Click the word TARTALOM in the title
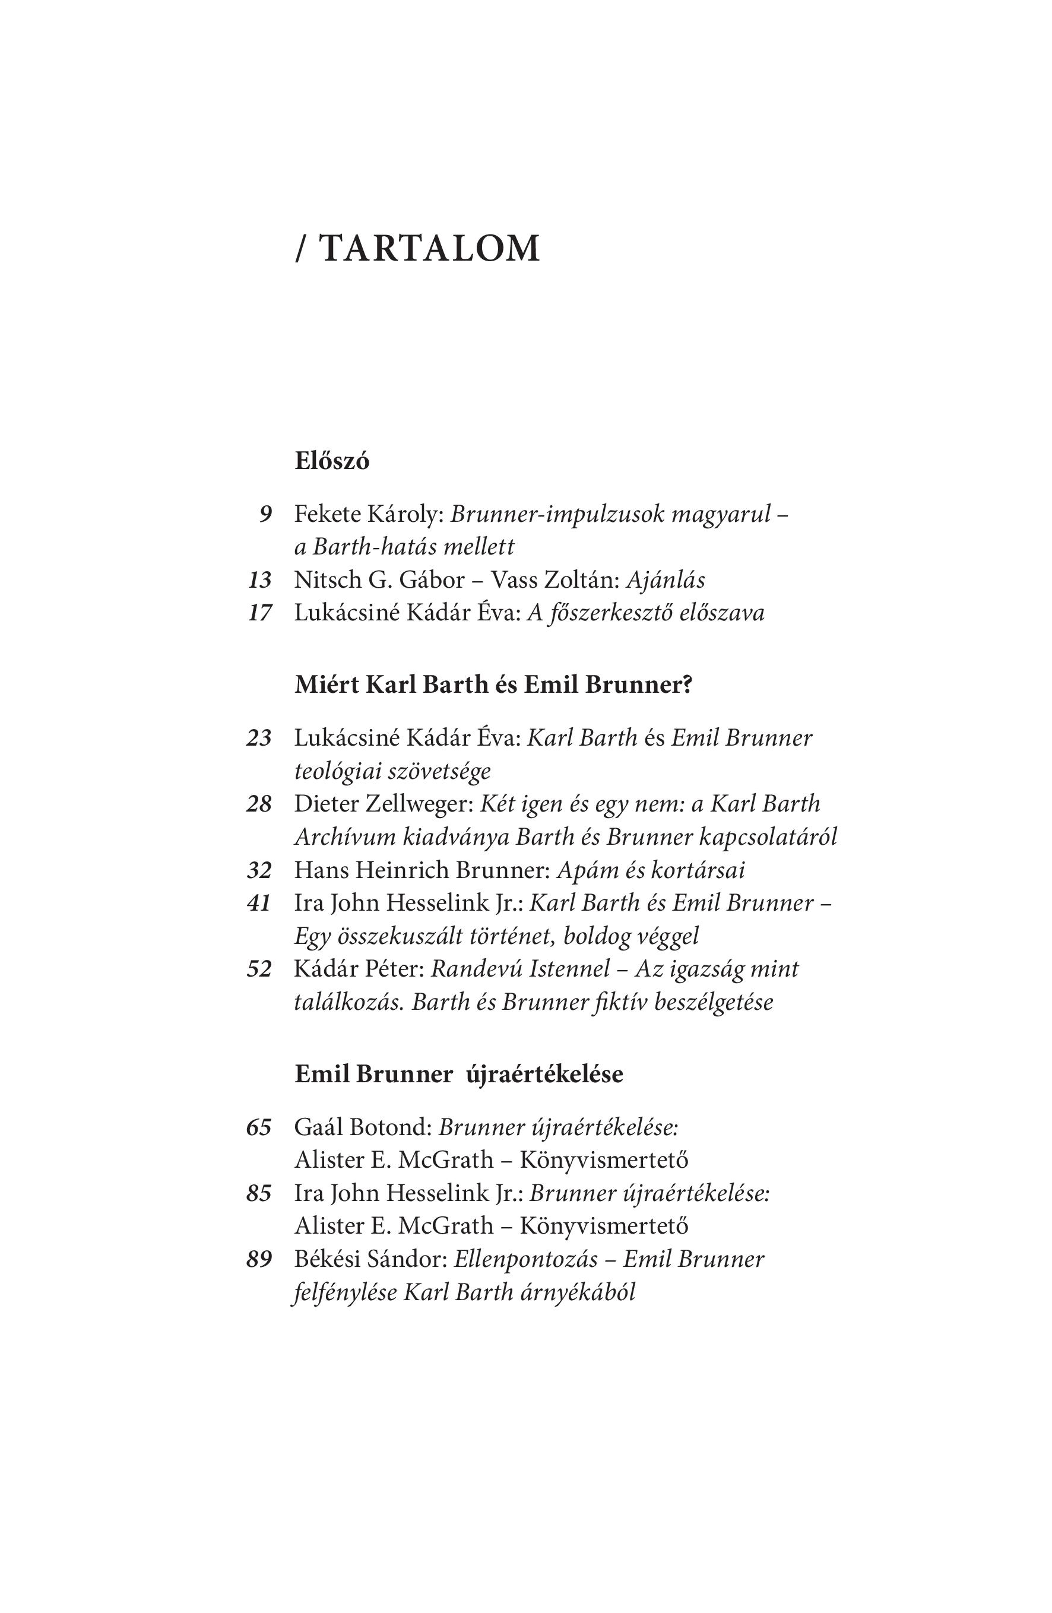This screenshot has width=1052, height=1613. (x=429, y=249)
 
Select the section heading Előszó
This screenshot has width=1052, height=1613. (x=331, y=461)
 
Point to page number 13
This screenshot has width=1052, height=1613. (x=259, y=580)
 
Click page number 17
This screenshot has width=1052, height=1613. (x=259, y=613)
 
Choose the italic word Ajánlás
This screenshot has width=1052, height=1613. (x=665, y=580)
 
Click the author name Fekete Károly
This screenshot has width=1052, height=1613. (x=368, y=514)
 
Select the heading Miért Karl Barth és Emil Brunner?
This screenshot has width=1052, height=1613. (x=493, y=685)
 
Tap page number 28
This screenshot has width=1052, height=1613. (x=259, y=804)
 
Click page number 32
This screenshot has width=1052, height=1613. (x=259, y=870)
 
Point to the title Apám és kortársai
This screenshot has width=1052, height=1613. (x=650, y=870)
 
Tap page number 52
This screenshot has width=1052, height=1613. (x=259, y=969)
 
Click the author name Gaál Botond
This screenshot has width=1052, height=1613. (x=363, y=1127)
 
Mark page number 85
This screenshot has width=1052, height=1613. (x=259, y=1193)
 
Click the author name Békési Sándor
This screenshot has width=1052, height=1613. (x=370, y=1259)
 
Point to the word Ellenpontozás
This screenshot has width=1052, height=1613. (x=526, y=1259)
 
